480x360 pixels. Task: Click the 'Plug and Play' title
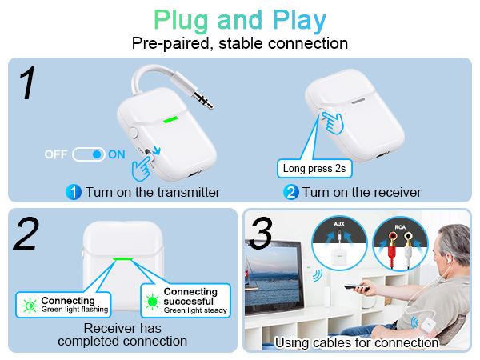239,19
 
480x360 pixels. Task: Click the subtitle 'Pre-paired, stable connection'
239,43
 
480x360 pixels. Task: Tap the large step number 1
28,84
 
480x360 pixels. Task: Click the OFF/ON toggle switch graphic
89,154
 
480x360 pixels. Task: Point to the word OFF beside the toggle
56,154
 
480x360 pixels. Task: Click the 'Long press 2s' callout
314,169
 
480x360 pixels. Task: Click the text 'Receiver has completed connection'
122,334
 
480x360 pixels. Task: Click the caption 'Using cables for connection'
357,342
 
